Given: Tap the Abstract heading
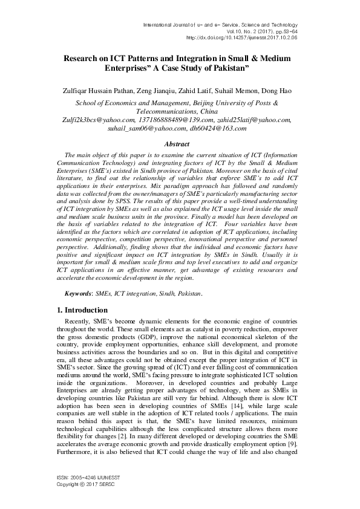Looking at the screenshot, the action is pos(180,144).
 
